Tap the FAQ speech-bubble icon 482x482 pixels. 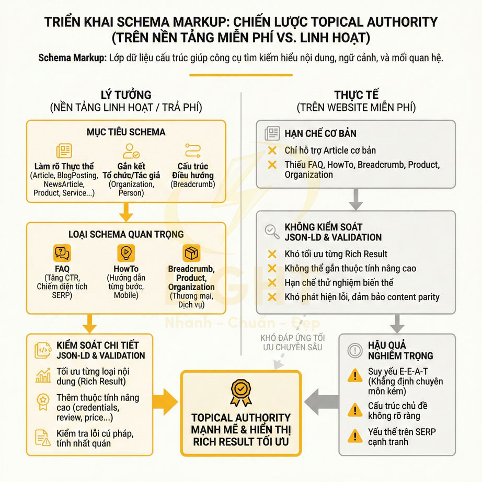tap(62, 254)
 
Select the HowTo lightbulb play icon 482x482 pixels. tap(125, 254)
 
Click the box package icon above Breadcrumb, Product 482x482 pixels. tap(191, 254)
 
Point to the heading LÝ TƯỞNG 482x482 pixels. tap(126, 95)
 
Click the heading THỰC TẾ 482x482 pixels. tap(356, 95)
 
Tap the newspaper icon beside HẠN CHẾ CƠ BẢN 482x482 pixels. tap(272, 133)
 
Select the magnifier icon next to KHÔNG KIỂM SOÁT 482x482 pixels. tap(272, 231)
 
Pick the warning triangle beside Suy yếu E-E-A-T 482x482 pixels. tap(355, 375)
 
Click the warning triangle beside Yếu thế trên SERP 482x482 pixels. tap(355, 435)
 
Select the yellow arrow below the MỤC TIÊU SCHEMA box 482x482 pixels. tap(125, 212)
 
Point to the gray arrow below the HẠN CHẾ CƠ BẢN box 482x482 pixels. tap(356, 199)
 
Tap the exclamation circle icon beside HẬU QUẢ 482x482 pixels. tap(355, 350)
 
